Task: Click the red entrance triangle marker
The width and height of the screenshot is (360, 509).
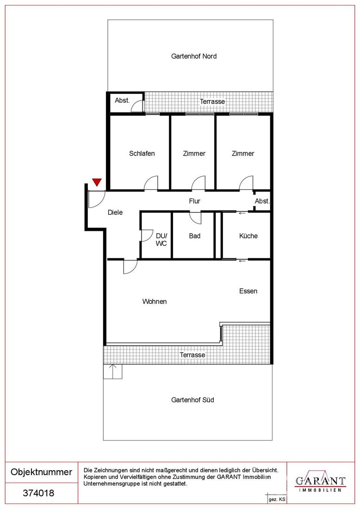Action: tap(97, 182)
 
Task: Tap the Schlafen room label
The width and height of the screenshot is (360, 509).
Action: tap(142, 154)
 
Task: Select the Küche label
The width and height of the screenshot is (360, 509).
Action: tap(248, 236)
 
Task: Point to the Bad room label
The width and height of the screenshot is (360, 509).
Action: tap(194, 236)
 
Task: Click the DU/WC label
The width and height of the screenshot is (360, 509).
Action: tap(161, 240)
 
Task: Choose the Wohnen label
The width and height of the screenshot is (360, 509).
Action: tap(155, 302)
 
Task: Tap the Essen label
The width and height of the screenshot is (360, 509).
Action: tap(248, 291)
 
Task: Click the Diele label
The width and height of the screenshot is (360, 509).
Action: tap(115, 212)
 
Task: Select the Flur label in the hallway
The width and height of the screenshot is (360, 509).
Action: tap(194, 201)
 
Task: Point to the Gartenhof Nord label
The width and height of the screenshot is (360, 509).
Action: tap(194, 56)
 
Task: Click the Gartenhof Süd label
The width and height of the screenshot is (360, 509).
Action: tap(192, 400)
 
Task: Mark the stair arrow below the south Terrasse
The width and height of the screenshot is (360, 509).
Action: tap(112, 372)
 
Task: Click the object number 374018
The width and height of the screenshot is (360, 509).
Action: tap(38, 493)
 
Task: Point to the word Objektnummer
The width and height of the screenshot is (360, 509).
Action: tap(41, 472)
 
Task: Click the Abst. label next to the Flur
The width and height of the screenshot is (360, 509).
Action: tap(262, 201)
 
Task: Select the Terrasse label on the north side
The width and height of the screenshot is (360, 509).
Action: tap(212, 102)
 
